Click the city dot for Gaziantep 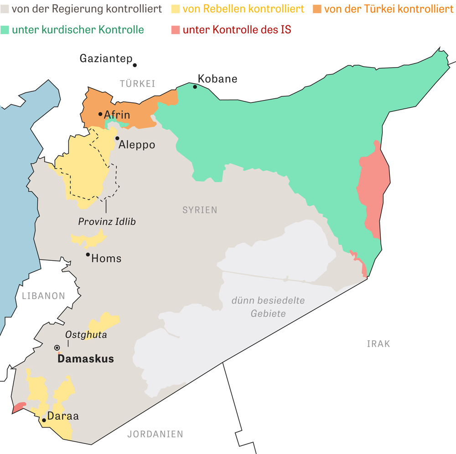(x=135, y=65)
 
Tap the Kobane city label (x=218, y=79)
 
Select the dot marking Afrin (x=100, y=114)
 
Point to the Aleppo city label (x=137, y=145)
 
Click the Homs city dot (x=88, y=254)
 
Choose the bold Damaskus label (x=85, y=359)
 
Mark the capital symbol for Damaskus (x=57, y=348)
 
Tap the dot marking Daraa (x=44, y=420)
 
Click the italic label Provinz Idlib (x=107, y=222)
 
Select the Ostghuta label (x=86, y=335)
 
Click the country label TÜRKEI (x=137, y=84)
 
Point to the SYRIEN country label (x=200, y=210)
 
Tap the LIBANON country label (x=43, y=296)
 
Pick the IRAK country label (x=378, y=344)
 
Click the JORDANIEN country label (x=155, y=434)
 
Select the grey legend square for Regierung (x=5, y=9)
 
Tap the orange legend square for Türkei (x=317, y=9)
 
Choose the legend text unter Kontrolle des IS (x=237, y=30)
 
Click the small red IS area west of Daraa (x=19, y=407)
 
